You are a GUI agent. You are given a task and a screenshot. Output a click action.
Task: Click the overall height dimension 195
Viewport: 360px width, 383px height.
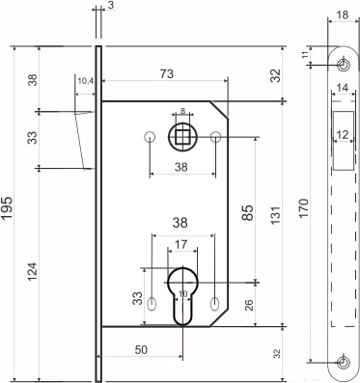click(7, 207)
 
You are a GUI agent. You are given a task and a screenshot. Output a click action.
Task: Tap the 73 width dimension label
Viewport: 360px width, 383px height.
click(167, 73)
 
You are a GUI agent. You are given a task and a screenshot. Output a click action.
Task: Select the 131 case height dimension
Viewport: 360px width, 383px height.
click(276, 215)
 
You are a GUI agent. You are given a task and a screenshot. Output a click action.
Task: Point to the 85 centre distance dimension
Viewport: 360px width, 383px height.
click(247, 212)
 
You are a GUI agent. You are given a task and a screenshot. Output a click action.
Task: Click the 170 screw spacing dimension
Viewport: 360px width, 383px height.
click(304, 208)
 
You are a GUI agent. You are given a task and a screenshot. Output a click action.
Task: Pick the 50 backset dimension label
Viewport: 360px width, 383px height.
click(141, 349)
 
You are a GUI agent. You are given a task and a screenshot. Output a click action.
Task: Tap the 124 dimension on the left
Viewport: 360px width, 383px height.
click(33, 272)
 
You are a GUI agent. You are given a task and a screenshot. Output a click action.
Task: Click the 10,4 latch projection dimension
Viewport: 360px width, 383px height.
click(85, 81)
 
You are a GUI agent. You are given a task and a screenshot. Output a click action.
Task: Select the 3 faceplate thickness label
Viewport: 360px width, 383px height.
click(110, 6)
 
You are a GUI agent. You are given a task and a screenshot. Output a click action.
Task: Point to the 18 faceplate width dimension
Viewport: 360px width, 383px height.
click(342, 14)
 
